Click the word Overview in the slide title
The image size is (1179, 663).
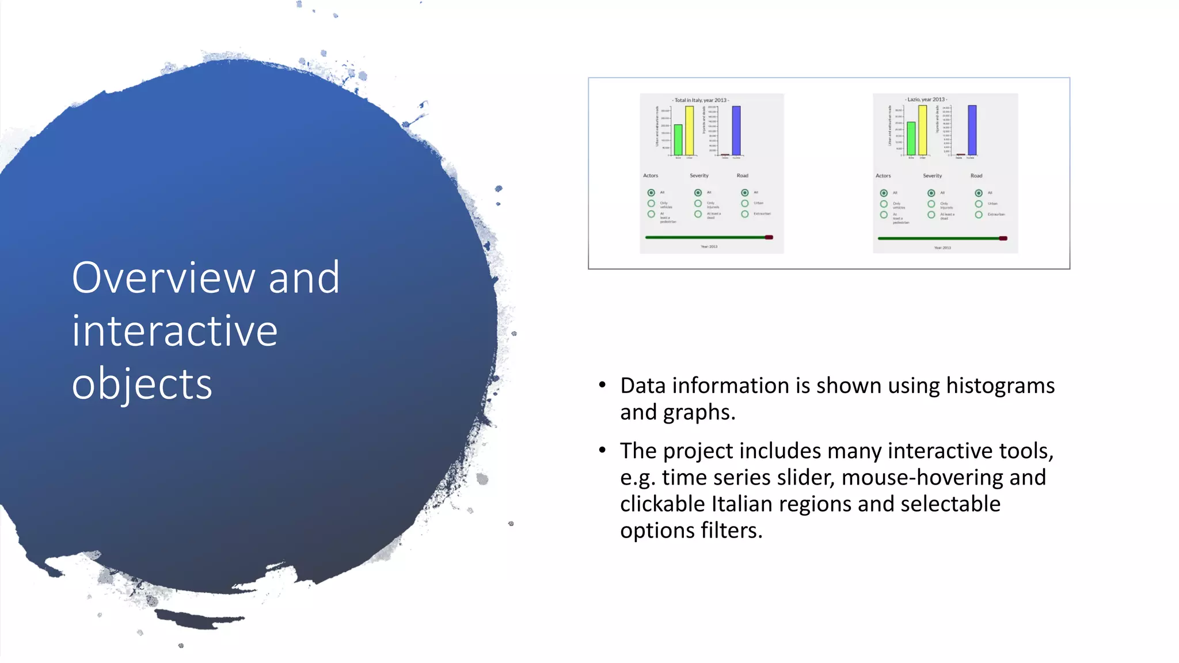163,278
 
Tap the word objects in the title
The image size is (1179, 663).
142,384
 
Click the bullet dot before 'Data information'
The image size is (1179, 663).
602,384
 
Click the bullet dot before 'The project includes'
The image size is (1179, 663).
602,449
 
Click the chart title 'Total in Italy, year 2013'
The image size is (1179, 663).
701,100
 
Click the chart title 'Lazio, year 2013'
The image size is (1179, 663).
926,100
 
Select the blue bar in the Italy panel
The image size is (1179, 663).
736,130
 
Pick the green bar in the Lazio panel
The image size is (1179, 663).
911,138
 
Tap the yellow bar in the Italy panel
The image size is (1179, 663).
689,130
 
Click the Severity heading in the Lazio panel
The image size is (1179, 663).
932,176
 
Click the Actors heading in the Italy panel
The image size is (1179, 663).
651,176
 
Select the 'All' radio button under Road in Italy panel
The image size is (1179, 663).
745,193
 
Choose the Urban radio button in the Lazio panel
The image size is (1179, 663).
979,204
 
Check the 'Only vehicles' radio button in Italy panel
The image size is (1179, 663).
651,204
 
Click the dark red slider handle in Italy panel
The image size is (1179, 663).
769,237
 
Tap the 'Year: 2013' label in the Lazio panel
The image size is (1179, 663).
942,248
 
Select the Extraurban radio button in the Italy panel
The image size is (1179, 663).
745,214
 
